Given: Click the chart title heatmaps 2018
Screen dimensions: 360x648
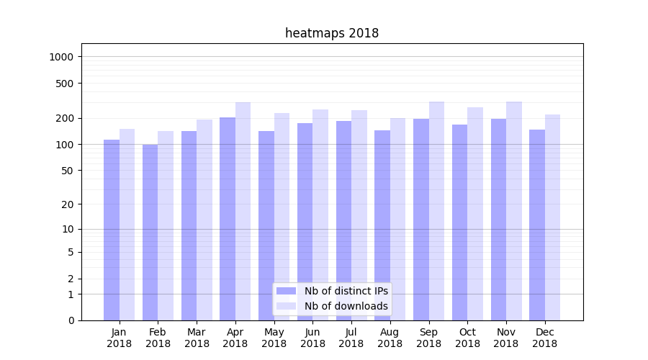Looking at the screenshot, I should pyautogui.click(x=332, y=33).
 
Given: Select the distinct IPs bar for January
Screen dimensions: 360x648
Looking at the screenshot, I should pyautogui.click(x=112, y=230).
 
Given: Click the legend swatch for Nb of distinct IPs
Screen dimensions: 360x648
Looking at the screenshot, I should pyautogui.click(x=287, y=291).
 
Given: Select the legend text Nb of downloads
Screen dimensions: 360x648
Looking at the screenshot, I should pyautogui.click(x=346, y=306).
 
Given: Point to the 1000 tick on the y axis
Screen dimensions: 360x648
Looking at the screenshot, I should pyautogui.click(x=63, y=57).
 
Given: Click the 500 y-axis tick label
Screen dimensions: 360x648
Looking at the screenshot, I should pyautogui.click(x=66, y=84).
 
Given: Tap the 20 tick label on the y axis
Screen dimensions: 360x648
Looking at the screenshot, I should pyautogui.click(x=68, y=204).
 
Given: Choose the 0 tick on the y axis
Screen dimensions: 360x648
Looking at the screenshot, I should pyautogui.click(x=71, y=320).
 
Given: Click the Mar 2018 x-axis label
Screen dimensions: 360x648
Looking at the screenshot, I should pyautogui.click(x=197, y=338).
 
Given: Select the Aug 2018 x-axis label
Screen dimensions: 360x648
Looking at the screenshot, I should pyautogui.click(x=390, y=338).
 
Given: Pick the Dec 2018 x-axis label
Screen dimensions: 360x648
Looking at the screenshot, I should pyautogui.click(x=544, y=338).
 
